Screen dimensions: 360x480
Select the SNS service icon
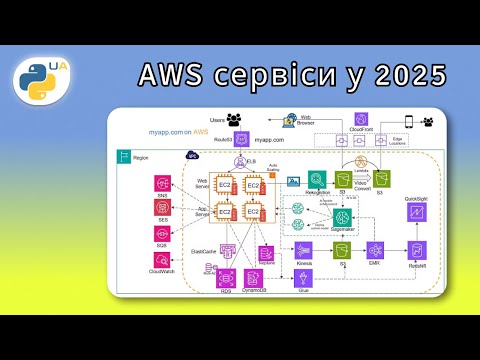162,183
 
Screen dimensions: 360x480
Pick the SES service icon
162,207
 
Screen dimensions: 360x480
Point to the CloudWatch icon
162,259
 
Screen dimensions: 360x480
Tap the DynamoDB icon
254,276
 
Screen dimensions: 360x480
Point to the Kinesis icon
304,250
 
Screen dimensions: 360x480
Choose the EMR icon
374,249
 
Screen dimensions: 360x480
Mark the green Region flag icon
125,156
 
